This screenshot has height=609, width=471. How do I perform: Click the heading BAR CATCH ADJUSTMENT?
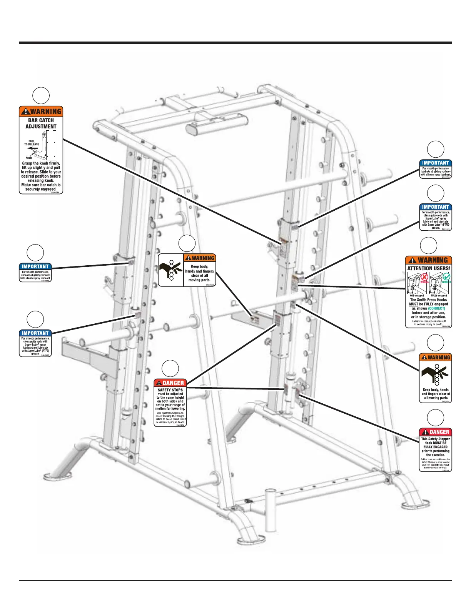coord(41,123)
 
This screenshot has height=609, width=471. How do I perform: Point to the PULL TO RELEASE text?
coord(32,143)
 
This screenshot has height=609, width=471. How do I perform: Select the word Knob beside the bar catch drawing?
coord(29,158)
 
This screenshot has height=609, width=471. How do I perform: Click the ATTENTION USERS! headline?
coord(428,268)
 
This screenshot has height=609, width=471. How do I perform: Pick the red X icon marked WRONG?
coord(424,277)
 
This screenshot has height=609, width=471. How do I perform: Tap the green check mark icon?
coord(446,276)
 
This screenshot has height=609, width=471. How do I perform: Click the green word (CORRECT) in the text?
coord(436,308)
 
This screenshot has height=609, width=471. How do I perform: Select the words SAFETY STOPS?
coord(170,390)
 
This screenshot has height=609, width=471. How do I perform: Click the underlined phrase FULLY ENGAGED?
coord(435,447)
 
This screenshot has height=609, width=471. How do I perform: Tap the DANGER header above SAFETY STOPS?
coord(170,383)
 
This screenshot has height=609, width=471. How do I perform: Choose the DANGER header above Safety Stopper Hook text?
coord(435,432)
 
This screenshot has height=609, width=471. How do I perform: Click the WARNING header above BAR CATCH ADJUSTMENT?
coord(41,111)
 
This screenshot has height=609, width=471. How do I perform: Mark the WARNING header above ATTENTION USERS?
coord(428,260)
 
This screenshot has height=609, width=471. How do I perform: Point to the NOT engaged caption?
coord(416,296)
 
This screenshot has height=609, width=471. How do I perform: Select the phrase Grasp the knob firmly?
coord(41,163)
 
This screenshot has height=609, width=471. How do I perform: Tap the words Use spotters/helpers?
coord(170,413)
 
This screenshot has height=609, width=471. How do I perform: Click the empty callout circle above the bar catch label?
coord(41,96)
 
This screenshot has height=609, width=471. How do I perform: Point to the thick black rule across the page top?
coord(235,43)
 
